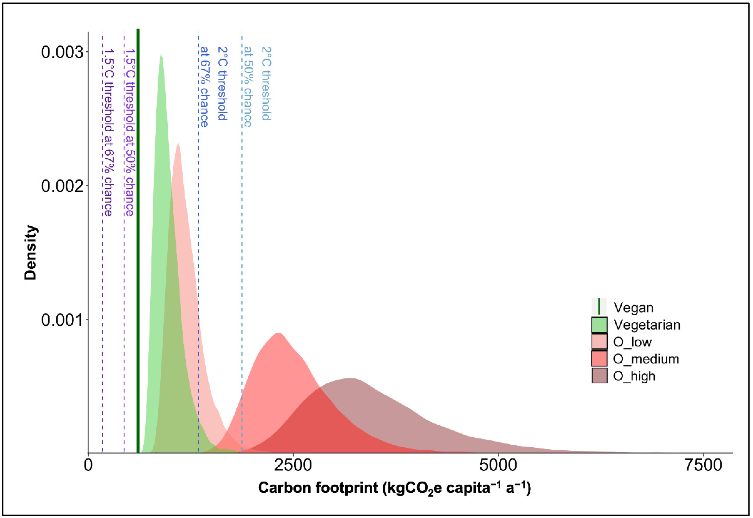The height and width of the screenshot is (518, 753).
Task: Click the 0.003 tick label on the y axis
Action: (62, 53)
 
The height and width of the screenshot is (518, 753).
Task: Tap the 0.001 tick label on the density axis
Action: (62, 320)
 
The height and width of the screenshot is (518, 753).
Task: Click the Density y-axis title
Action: (31, 252)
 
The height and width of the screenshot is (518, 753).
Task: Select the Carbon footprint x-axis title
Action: (394, 488)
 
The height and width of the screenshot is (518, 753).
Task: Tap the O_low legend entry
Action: (632, 342)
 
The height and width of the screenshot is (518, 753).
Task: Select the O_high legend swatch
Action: (599, 376)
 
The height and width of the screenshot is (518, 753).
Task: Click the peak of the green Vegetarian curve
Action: (161, 55)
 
